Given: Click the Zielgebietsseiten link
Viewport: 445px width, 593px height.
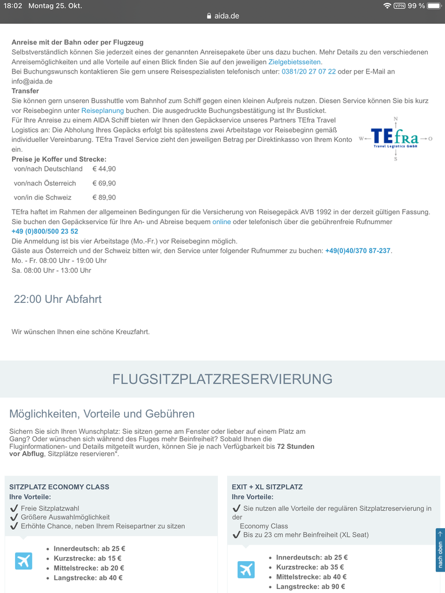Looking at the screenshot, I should coord(294,62).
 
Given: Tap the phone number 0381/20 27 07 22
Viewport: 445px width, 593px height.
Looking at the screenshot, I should coord(308,72).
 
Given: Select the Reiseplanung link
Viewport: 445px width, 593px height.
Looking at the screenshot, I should coord(103,111).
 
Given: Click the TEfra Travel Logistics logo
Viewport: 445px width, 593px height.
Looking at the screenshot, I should coord(395,138).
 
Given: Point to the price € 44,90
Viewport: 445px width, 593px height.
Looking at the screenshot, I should coord(104,169).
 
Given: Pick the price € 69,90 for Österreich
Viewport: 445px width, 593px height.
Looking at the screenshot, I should coord(104,184).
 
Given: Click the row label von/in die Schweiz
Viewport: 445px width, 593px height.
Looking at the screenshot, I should coord(43,197).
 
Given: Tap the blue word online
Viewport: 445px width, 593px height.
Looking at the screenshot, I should coord(221,222).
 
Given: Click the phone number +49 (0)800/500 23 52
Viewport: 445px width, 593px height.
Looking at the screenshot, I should coord(45,232).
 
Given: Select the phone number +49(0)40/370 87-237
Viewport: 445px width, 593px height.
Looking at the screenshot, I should coord(358,251).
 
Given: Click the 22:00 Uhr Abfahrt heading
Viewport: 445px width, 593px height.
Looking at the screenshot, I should coord(57,299).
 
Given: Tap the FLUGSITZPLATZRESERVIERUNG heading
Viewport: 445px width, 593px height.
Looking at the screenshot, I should coord(222,379).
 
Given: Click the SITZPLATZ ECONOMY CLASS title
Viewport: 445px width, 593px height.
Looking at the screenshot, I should coord(59,487).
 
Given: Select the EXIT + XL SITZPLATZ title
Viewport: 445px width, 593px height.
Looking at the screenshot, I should coord(267,487).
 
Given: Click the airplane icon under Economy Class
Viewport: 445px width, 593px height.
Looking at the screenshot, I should coord(24,561).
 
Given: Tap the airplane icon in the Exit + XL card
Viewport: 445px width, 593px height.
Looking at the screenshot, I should coord(246,570).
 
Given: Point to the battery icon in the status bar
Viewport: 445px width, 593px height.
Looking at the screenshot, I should coord(434,6).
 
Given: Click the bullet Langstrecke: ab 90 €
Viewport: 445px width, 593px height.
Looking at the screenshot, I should coord(311,587).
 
